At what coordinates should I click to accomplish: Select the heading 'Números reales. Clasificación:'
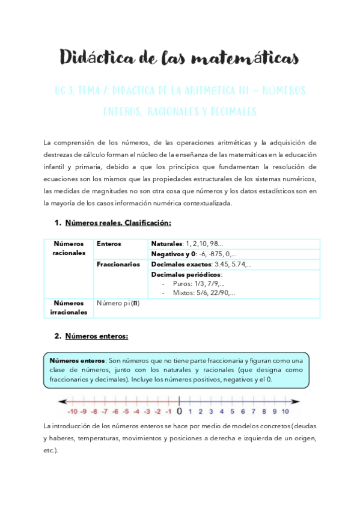[x=118, y=223]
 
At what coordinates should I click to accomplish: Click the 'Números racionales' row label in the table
[x=69, y=248]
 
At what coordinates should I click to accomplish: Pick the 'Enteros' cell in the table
[x=109, y=244]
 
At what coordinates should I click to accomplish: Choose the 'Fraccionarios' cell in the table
[x=118, y=264]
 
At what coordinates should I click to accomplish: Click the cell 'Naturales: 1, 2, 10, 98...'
[x=187, y=244]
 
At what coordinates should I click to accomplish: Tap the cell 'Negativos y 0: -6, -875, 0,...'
[x=194, y=254]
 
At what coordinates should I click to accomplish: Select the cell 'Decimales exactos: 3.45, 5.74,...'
[x=201, y=264]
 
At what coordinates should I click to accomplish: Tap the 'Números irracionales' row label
[x=69, y=308]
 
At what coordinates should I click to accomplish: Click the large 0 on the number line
[x=179, y=411]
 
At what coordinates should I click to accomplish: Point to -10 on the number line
[x=73, y=412]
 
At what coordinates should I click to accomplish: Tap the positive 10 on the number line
[x=285, y=412]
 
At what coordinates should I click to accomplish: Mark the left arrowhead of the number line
[x=61, y=402]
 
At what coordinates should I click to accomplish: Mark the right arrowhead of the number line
[x=296, y=402]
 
